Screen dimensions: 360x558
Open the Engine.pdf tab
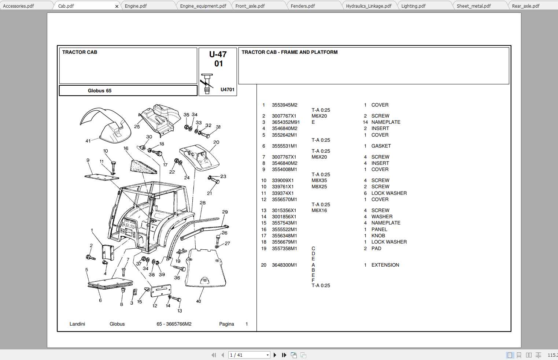(x=136, y=6)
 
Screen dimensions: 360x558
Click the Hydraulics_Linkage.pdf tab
(x=369, y=6)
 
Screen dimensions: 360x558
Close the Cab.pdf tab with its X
(x=117, y=6)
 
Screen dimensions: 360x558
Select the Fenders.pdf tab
(x=303, y=6)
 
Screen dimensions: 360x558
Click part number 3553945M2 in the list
(x=284, y=105)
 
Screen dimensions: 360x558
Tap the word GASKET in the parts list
(x=381, y=146)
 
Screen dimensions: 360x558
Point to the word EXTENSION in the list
(x=385, y=265)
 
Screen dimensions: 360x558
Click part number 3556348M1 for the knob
(x=284, y=236)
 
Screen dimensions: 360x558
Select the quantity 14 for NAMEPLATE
(x=365, y=122)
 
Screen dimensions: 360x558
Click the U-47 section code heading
(x=218, y=55)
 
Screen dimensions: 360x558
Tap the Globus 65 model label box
(x=100, y=91)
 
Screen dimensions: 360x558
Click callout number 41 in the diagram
(x=88, y=141)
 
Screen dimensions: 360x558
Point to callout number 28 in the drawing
(x=203, y=203)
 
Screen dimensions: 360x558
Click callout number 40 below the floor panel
(x=199, y=301)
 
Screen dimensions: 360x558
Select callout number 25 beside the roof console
(x=137, y=127)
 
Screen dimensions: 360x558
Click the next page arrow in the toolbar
(x=275, y=355)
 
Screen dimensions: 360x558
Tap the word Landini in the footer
(x=77, y=324)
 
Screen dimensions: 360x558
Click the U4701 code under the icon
(x=227, y=90)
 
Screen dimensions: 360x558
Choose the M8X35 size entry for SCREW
(x=319, y=181)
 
